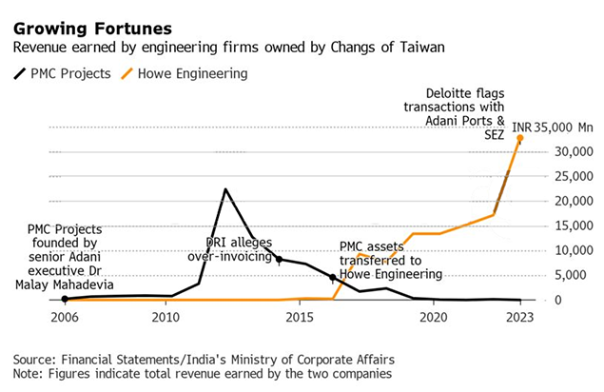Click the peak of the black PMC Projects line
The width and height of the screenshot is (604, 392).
pos(225,189)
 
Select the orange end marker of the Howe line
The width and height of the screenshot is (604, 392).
pos(519,138)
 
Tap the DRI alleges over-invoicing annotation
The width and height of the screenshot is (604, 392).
pos(240,249)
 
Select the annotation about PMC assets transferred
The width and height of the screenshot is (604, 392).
pos(391,260)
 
